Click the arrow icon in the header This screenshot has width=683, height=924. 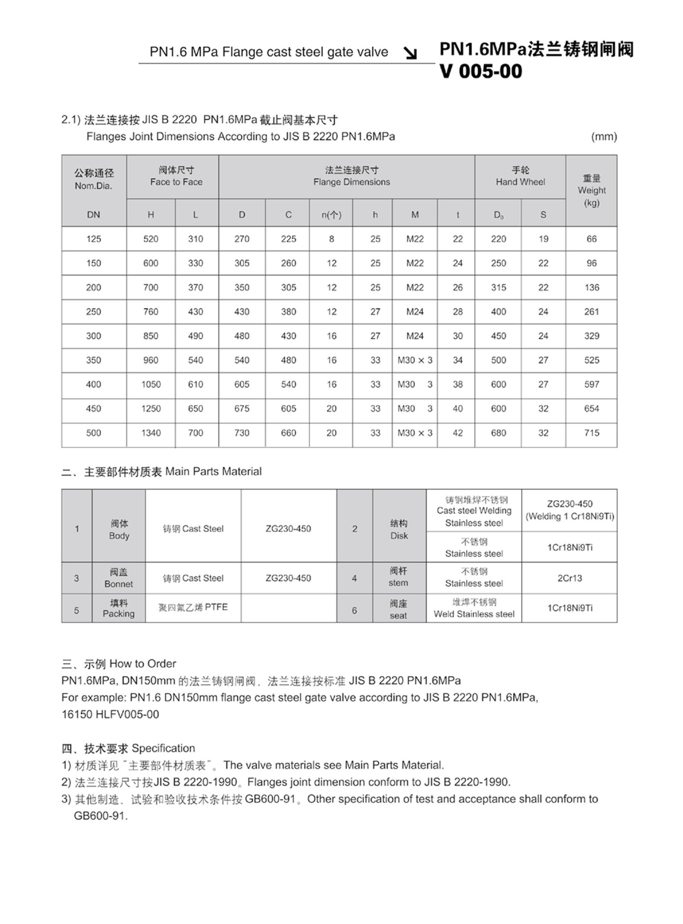point(411,53)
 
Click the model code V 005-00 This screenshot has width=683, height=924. point(481,71)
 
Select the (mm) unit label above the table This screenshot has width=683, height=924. point(604,137)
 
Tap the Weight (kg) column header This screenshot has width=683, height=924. point(591,190)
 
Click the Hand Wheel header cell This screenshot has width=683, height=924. point(520,177)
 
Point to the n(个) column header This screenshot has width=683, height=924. point(331,215)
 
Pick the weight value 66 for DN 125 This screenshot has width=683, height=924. point(591,239)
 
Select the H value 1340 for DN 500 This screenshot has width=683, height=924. point(151,433)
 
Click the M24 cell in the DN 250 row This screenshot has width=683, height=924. point(414,312)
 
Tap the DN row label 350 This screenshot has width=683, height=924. point(93,360)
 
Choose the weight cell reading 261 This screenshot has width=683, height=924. point(591,312)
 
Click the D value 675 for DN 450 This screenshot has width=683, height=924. point(242,409)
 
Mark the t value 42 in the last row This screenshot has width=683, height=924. point(457,433)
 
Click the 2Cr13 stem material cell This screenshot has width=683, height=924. point(569,578)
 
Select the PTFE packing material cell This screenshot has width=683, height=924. point(193,607)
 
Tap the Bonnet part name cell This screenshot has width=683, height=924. point(118,578)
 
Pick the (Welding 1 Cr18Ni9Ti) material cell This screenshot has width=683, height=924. point(569,510)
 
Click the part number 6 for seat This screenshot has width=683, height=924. point(354,610)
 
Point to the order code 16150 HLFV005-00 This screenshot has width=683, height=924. point(110,714)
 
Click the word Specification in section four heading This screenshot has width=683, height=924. point(163,748)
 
